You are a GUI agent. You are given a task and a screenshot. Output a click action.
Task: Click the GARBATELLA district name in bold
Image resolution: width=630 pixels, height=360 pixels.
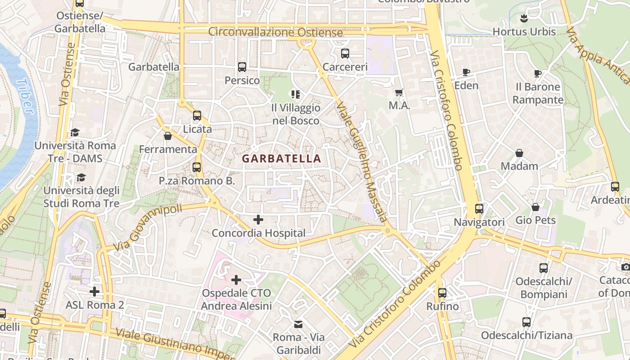pyautogui.click(x=282, y=158)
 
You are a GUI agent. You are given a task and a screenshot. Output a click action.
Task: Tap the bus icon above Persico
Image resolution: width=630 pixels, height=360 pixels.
pyautogui.click(x=242, y=67)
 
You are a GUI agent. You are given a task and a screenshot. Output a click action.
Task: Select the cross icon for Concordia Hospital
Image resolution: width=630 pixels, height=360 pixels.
pyautogui.click(x=258, y=220)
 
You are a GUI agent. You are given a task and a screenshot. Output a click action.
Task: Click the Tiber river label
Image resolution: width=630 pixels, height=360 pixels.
pyautogui.click(x=24, y=97)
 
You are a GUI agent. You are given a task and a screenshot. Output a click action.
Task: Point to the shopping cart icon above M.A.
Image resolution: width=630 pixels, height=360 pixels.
pyautogui.click(x=399, y=92)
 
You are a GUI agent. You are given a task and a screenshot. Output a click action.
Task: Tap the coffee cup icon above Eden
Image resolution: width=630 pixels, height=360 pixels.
pyautogui.click(x=466, y=72)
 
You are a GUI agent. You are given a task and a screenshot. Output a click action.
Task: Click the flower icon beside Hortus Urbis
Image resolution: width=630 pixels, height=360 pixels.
pyautogui.click(x=524, y=18)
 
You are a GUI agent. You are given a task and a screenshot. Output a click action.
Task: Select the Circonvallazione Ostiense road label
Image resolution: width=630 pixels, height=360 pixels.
pyautogui.click(x=275, y=32)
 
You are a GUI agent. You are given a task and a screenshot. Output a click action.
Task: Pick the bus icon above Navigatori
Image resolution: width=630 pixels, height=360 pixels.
pyautogui.click(x=479, y=209)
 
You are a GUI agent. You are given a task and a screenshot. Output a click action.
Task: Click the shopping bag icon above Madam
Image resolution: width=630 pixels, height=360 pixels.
pyautogui.click(x=519, y=153)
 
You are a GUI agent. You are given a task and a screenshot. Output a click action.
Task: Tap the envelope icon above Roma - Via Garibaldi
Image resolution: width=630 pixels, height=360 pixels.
pyautogui.click(x=298, y=324)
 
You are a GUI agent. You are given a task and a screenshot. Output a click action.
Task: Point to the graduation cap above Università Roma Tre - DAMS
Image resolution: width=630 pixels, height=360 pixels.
pyautogui.click(x=75, y=132)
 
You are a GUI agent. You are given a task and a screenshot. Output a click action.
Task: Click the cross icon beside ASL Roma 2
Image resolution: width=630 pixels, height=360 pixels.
pyautogui.click(x=94, y=292)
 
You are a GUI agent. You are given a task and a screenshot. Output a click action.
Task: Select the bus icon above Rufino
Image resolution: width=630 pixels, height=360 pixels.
pyautogui.click(x=442, y=293)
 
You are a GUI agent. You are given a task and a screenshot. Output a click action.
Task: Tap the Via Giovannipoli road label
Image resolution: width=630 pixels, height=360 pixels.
pyautogui.click(x=148, y=228)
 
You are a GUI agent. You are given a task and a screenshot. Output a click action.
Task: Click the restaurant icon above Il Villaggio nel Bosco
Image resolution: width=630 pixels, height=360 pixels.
pyautogui.click(x=296, y=94)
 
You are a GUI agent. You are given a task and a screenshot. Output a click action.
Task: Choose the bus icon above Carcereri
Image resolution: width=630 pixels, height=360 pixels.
pyautogui.click(x=345, y=54)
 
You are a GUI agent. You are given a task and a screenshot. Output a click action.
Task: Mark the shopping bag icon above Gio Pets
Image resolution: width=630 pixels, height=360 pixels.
pyautogui.click(x=535, y=207)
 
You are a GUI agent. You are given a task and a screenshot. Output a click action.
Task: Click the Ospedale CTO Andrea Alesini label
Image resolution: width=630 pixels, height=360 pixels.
pyautogui.click(x=236, y=300)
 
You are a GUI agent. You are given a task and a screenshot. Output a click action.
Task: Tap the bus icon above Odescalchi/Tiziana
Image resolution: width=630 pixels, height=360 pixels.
pyautogui.click(x=526, y=322)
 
